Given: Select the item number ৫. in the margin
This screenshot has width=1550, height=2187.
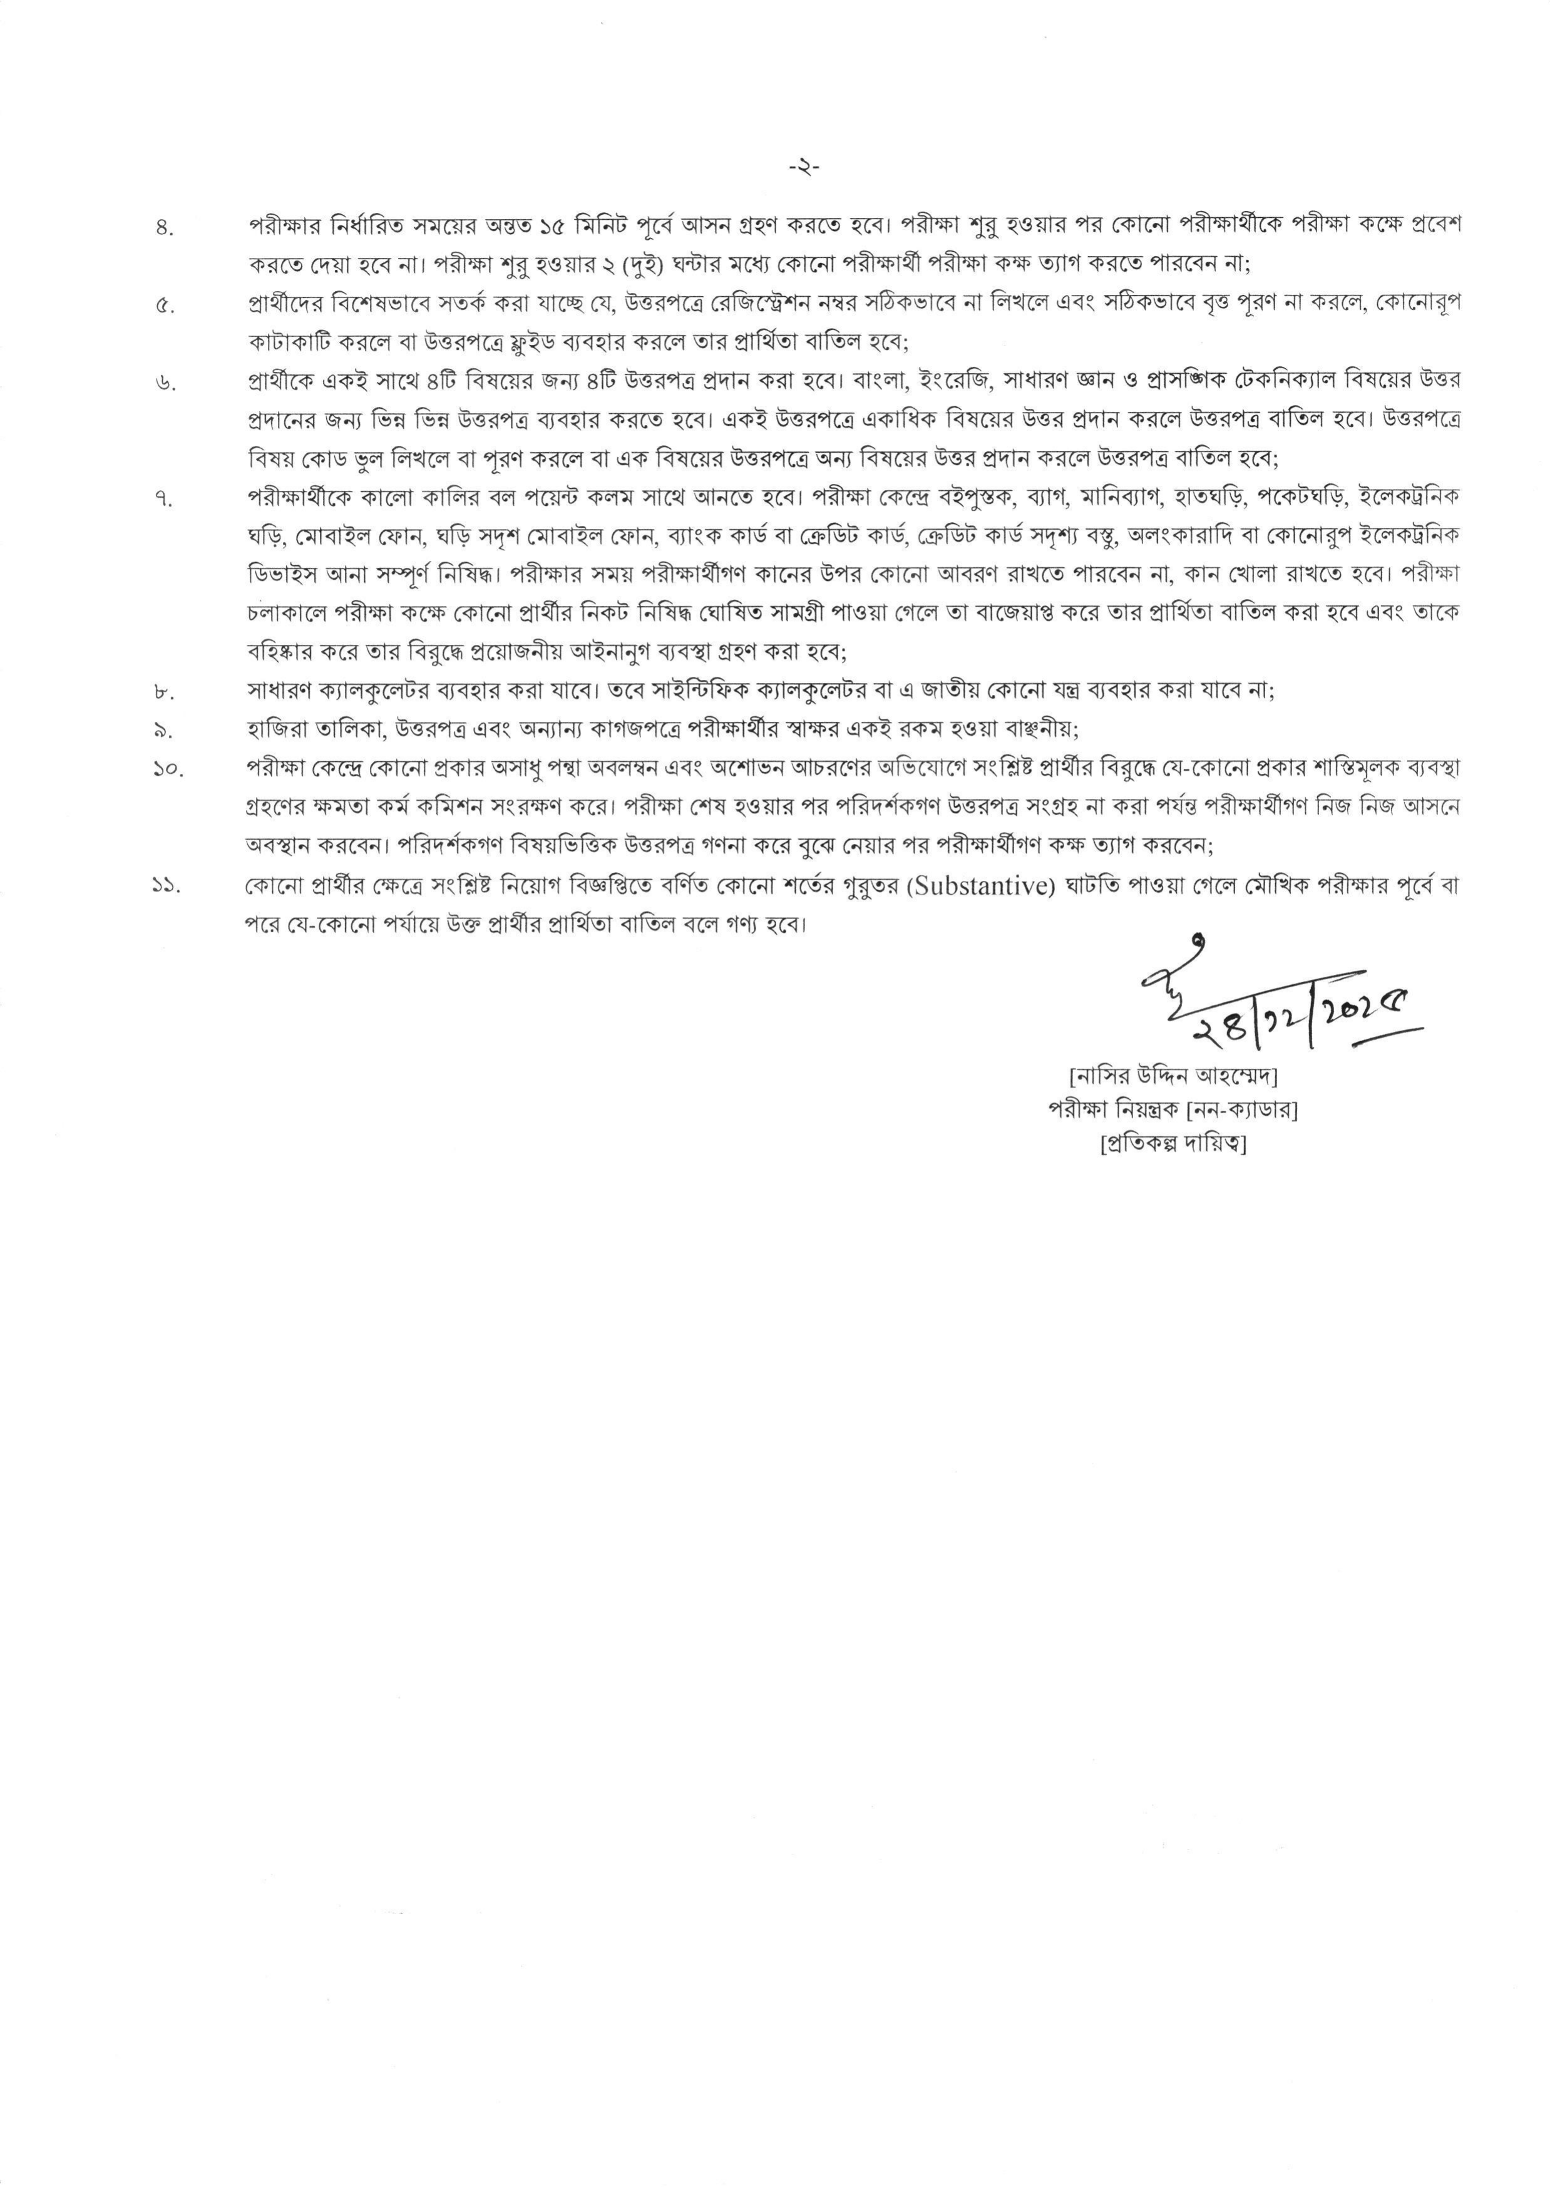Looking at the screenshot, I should (163, 306).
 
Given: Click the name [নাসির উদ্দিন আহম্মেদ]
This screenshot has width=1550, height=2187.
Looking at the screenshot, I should (1173, 1076).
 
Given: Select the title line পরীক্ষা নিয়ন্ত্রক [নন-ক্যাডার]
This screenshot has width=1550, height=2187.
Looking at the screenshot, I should (1173, 1110).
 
